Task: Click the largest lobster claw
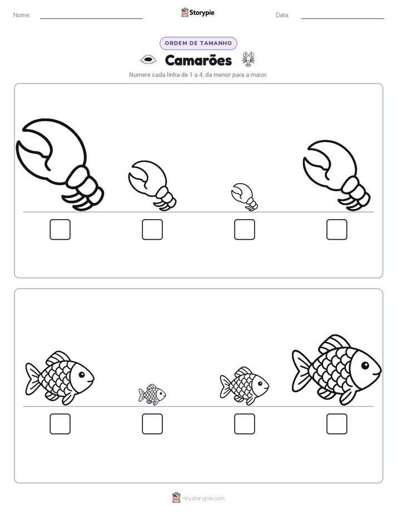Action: click(x=59, y=164)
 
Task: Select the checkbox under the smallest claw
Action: click(x=244, y=229)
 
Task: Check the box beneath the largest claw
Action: click(x=60, y=229)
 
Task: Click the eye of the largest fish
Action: click(x=365, y=365)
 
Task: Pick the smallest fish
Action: click(x=152, y=394)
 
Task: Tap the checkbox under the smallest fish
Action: click(x=152, y=424)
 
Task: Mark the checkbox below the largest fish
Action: click(x=337, y=424)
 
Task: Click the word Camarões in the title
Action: click(x=198, y=60)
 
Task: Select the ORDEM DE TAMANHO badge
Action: click(x=198, y=43)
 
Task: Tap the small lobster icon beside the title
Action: click(x=249, y=59)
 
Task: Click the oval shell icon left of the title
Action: click(x=148, y=60)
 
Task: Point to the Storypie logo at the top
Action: click(x=197, y=12)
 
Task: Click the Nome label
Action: click(x=22, y=15)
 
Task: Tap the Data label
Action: click(x=282, y=15)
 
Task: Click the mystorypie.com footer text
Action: click(x=204, y=498)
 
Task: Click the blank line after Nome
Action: click(x=91, y=18)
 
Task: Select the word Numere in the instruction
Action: click(x=140, y=75)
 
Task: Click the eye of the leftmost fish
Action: click(x=82, y=374)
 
